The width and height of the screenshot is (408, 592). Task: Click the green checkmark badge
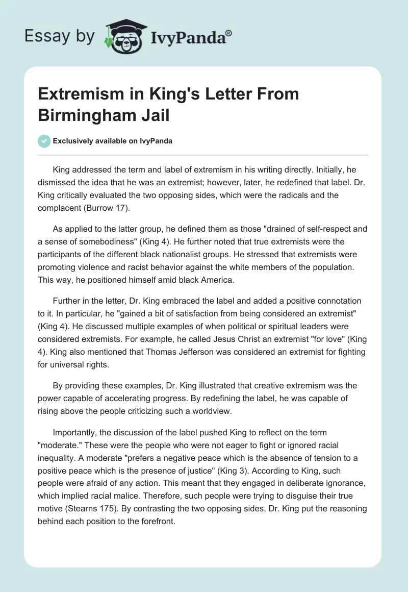point(44,141)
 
